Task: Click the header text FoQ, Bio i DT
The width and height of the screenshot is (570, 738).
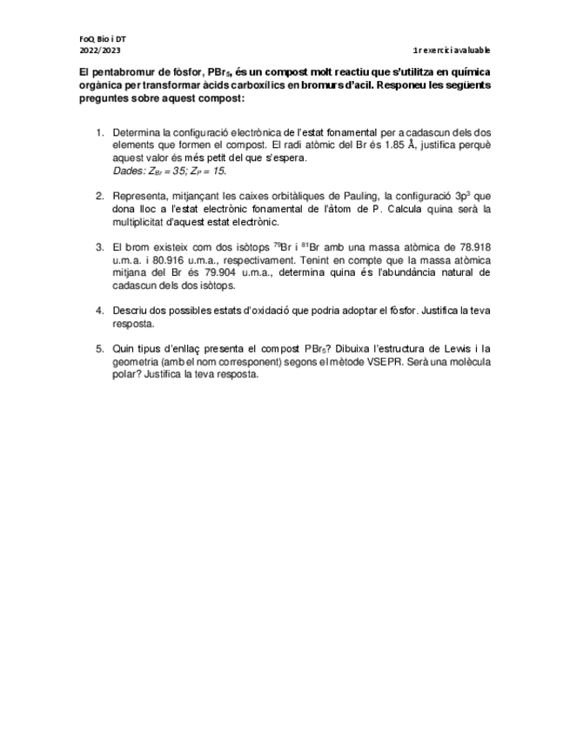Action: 102,39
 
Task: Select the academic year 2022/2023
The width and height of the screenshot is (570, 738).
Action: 97,50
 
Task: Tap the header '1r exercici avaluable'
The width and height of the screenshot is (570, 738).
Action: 452,50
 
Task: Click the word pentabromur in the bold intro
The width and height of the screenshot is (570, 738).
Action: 117,72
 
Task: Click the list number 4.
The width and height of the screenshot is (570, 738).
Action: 99,311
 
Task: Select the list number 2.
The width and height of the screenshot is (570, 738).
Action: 99,197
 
